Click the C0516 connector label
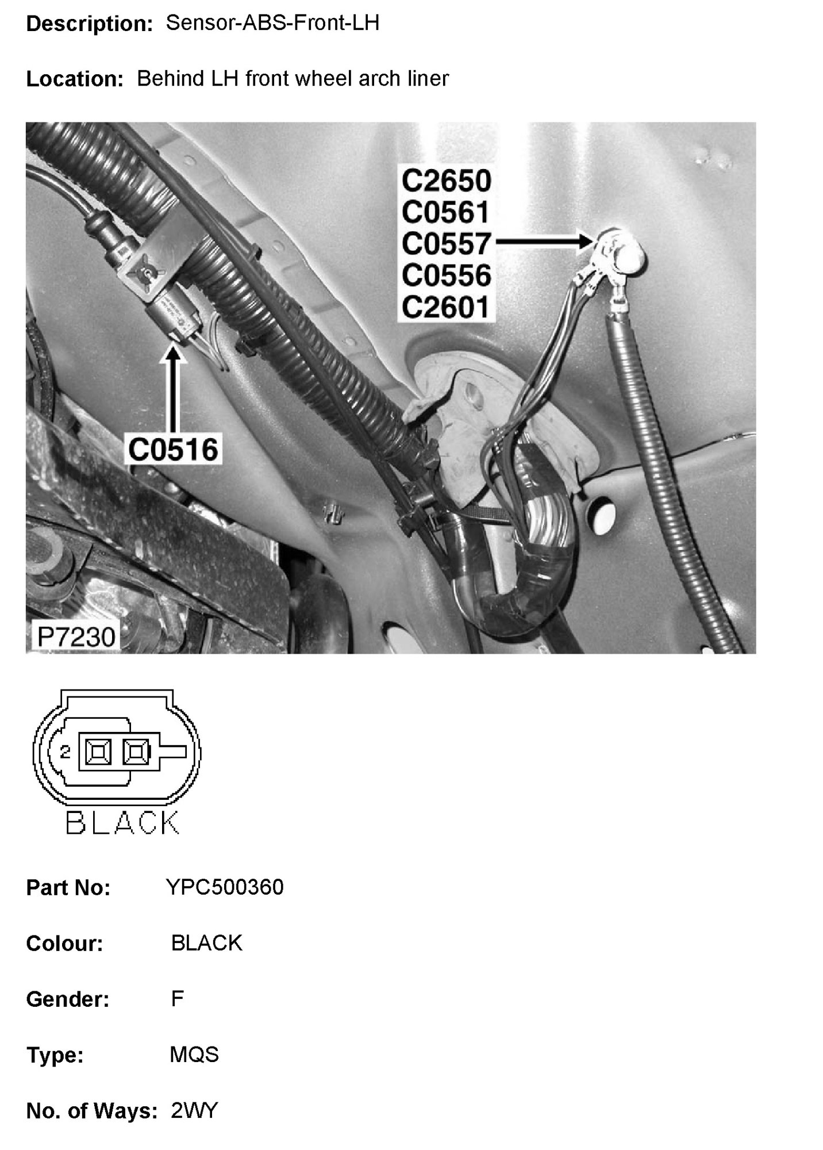coord(173,449)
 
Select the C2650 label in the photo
coord(446,181)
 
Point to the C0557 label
coord(446,244)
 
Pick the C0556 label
coord(446,275)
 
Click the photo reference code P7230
coord(76,637)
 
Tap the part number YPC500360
coord(225,887)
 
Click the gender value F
coord(177,999)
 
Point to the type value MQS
coord(194,1055)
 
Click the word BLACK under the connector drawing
coord(122,823)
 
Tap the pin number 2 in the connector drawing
coord(65,751)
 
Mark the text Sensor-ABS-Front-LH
coord(272,23)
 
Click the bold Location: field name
coord(75,79)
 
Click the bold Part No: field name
coord(68,888)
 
